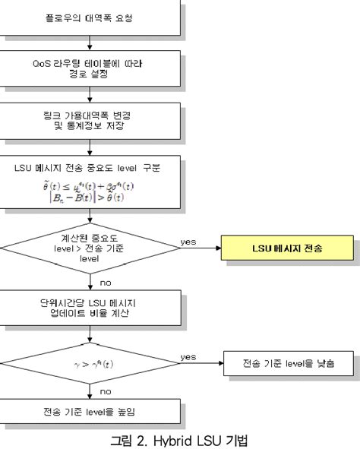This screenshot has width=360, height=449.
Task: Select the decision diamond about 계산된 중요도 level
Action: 90,248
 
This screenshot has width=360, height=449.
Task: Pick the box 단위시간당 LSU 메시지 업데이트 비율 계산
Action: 90,305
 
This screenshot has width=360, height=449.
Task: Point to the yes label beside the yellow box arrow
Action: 188,241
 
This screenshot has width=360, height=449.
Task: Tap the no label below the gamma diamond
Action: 106,391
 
